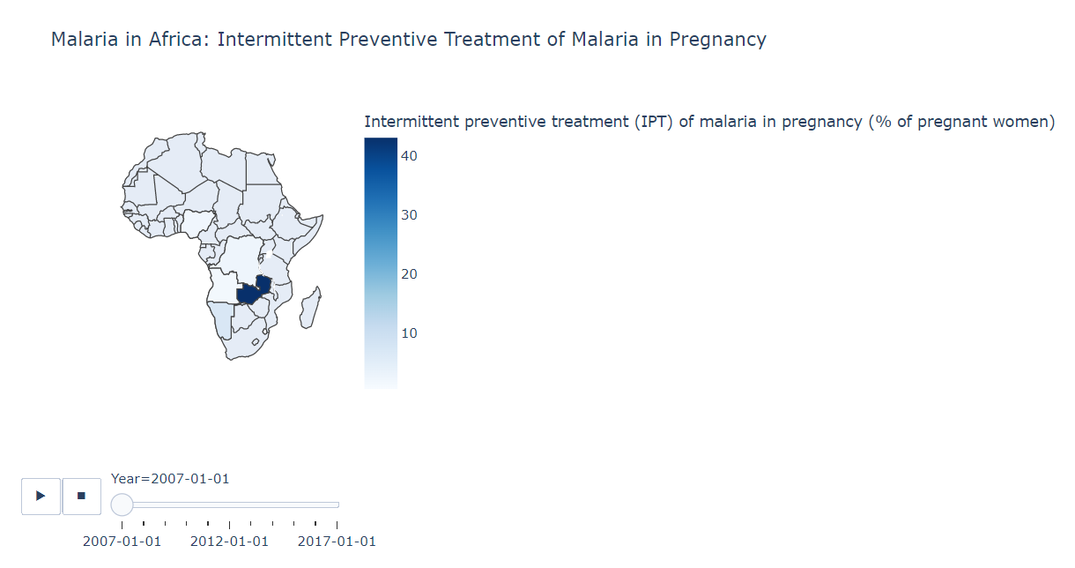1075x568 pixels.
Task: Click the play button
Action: click(x=41, y=496)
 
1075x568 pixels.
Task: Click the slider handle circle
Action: click(x=122, y=504)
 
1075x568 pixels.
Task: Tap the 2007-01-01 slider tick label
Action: click(x=122, y=542)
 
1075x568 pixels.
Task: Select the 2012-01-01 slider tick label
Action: click(x=229, y=542)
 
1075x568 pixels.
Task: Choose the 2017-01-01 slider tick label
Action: click(x=337, y=542)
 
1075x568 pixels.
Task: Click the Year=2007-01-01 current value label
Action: click(x=170, y=479)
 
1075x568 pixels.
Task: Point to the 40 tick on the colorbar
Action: click(x=410, y=156)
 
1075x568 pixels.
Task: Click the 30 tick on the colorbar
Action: click(x=410, y=215)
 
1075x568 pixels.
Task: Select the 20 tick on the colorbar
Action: click(x=410, y=274)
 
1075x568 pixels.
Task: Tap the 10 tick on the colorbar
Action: click(x=410, y=333)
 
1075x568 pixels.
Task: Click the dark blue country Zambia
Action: click(x=250, y=293)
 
